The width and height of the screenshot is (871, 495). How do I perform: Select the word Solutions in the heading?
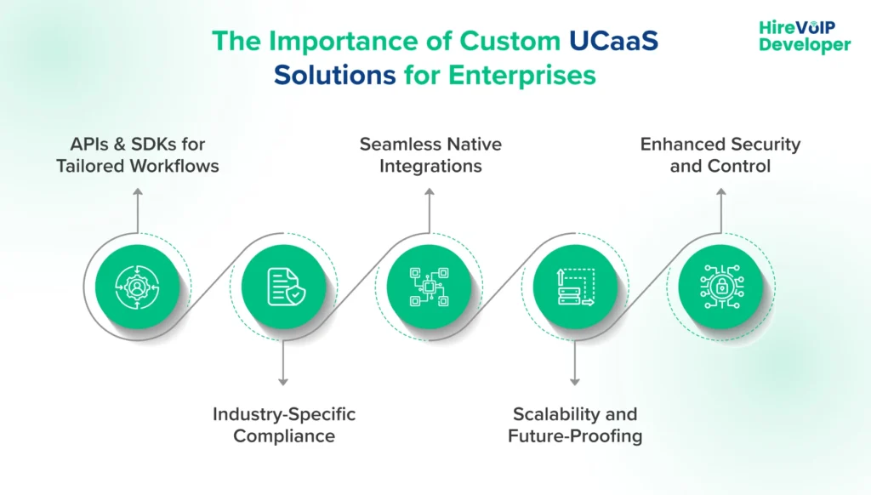click(x=334, y=75)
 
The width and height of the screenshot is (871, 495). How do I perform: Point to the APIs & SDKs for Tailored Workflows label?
click(x=138, y=155)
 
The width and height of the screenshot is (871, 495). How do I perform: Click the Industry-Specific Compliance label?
click(x=284, y=425)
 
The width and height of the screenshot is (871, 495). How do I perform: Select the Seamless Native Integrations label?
click(x=430, y=155)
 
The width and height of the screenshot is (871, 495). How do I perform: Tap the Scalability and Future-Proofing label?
click(x=575, y=425)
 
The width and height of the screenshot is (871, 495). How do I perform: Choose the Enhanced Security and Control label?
click(x=720, y=155)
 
